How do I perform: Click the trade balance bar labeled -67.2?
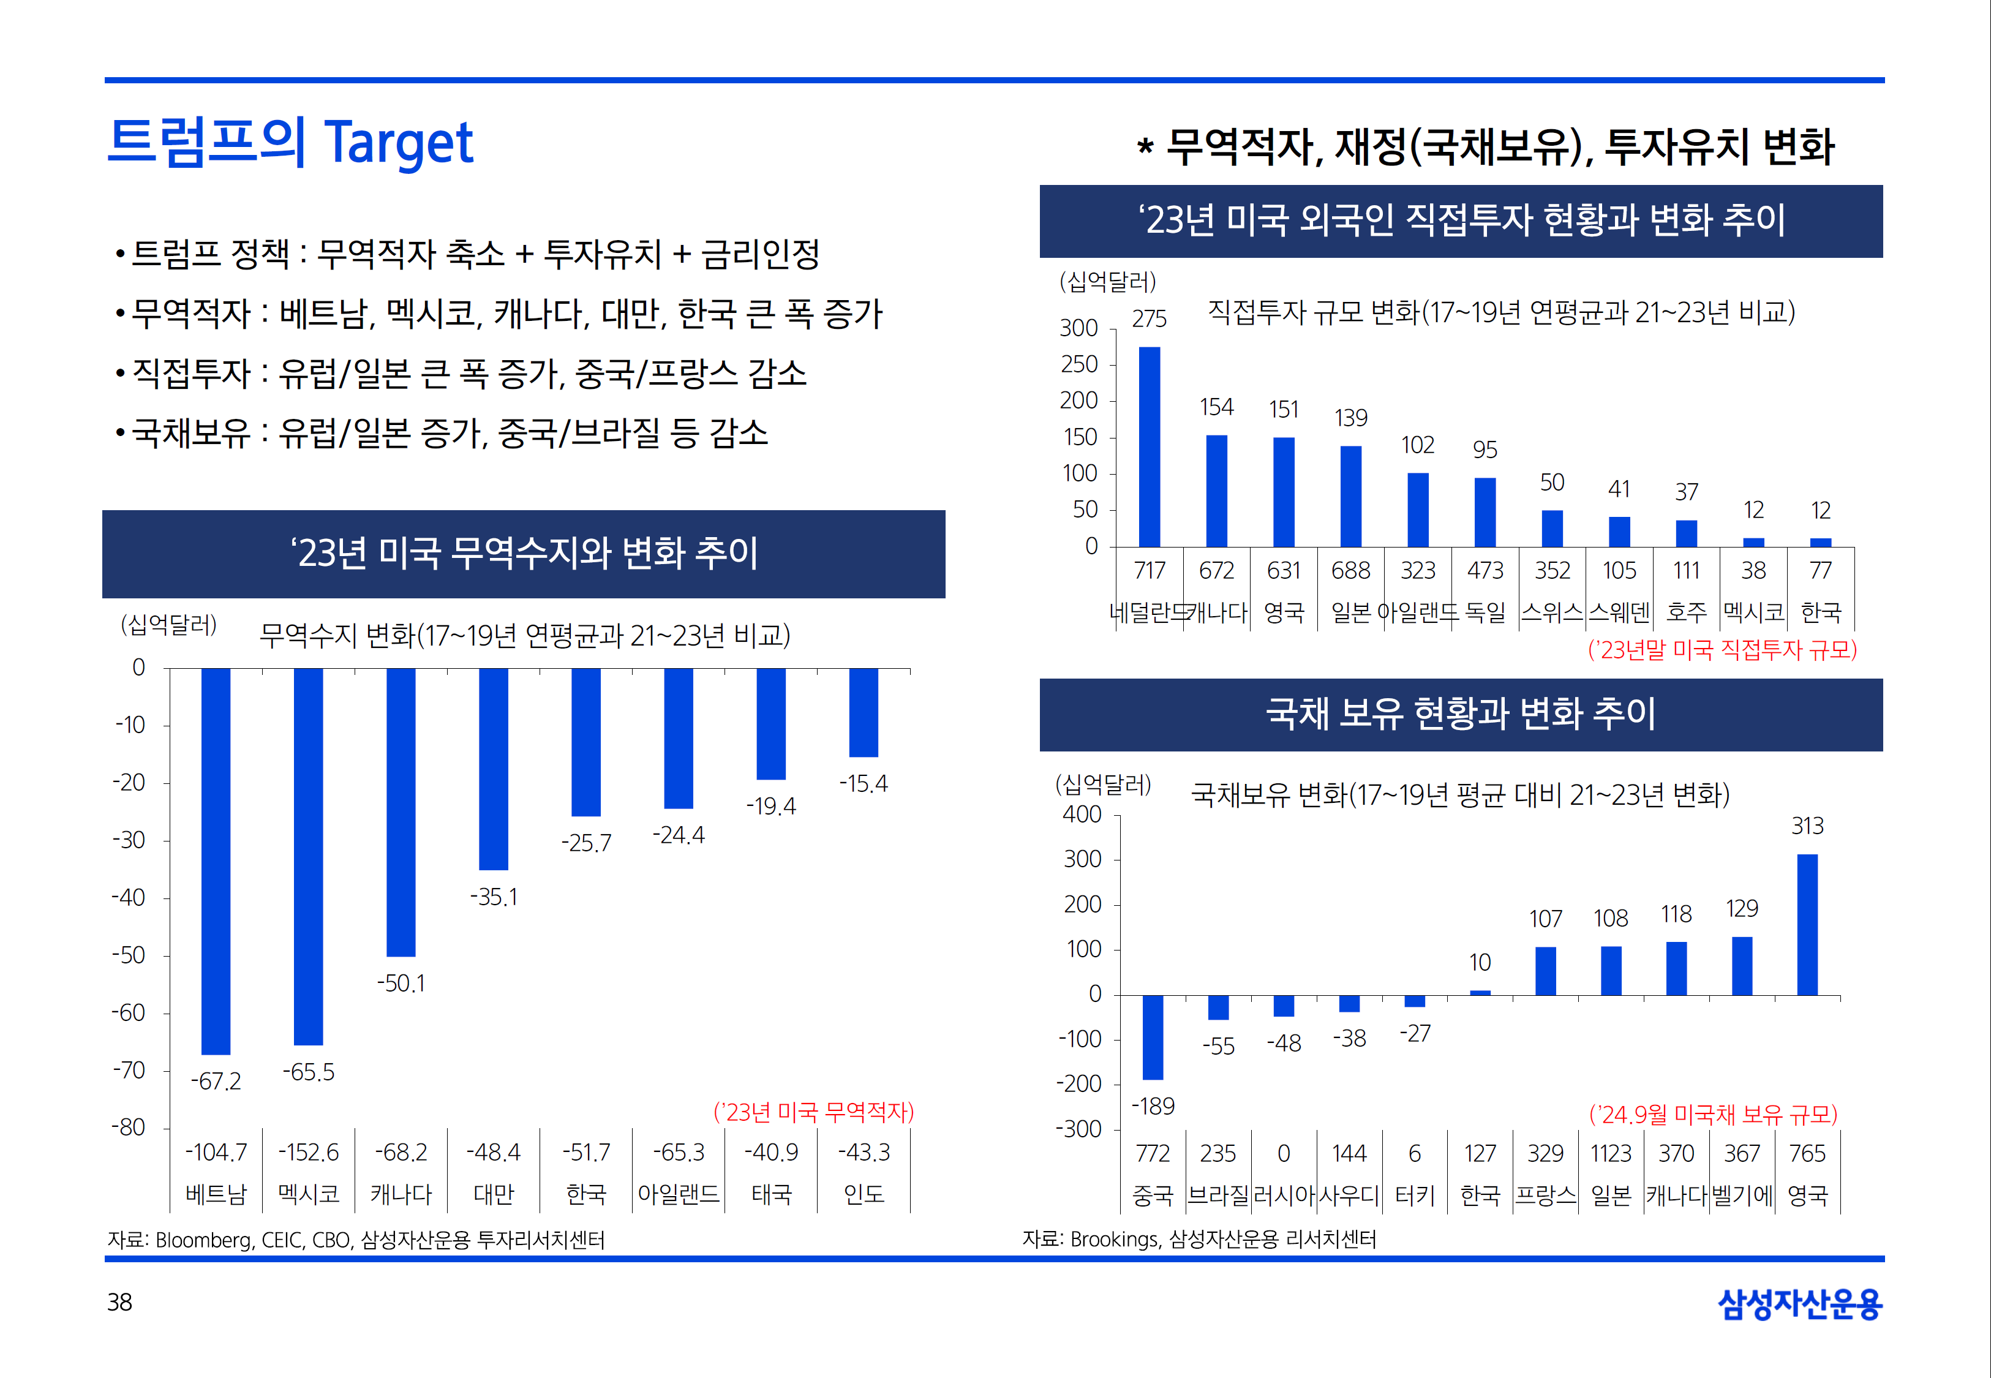click(216, 861)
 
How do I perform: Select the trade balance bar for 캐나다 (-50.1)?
click(401, 811)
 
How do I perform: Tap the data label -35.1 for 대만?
click(494, 897)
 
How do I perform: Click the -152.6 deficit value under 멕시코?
click(308, 1152)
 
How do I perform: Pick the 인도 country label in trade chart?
click(864, 1194)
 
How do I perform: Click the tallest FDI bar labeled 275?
click(1149, 446)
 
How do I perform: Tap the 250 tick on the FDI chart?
click(1079, 364)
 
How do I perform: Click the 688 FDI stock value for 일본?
click(1350, 571)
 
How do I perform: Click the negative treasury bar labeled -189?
click(1153, 1037)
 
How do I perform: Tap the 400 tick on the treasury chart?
click(1082, 814)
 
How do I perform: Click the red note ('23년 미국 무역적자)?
click(813, 1112)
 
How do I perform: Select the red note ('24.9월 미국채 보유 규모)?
click(1713, 1115)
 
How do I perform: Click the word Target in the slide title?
click(398, 143)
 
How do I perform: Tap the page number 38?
click(119, 1302)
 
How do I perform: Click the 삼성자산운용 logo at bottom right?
click(1799, 1304)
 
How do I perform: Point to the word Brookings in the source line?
click(1114, 1240)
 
